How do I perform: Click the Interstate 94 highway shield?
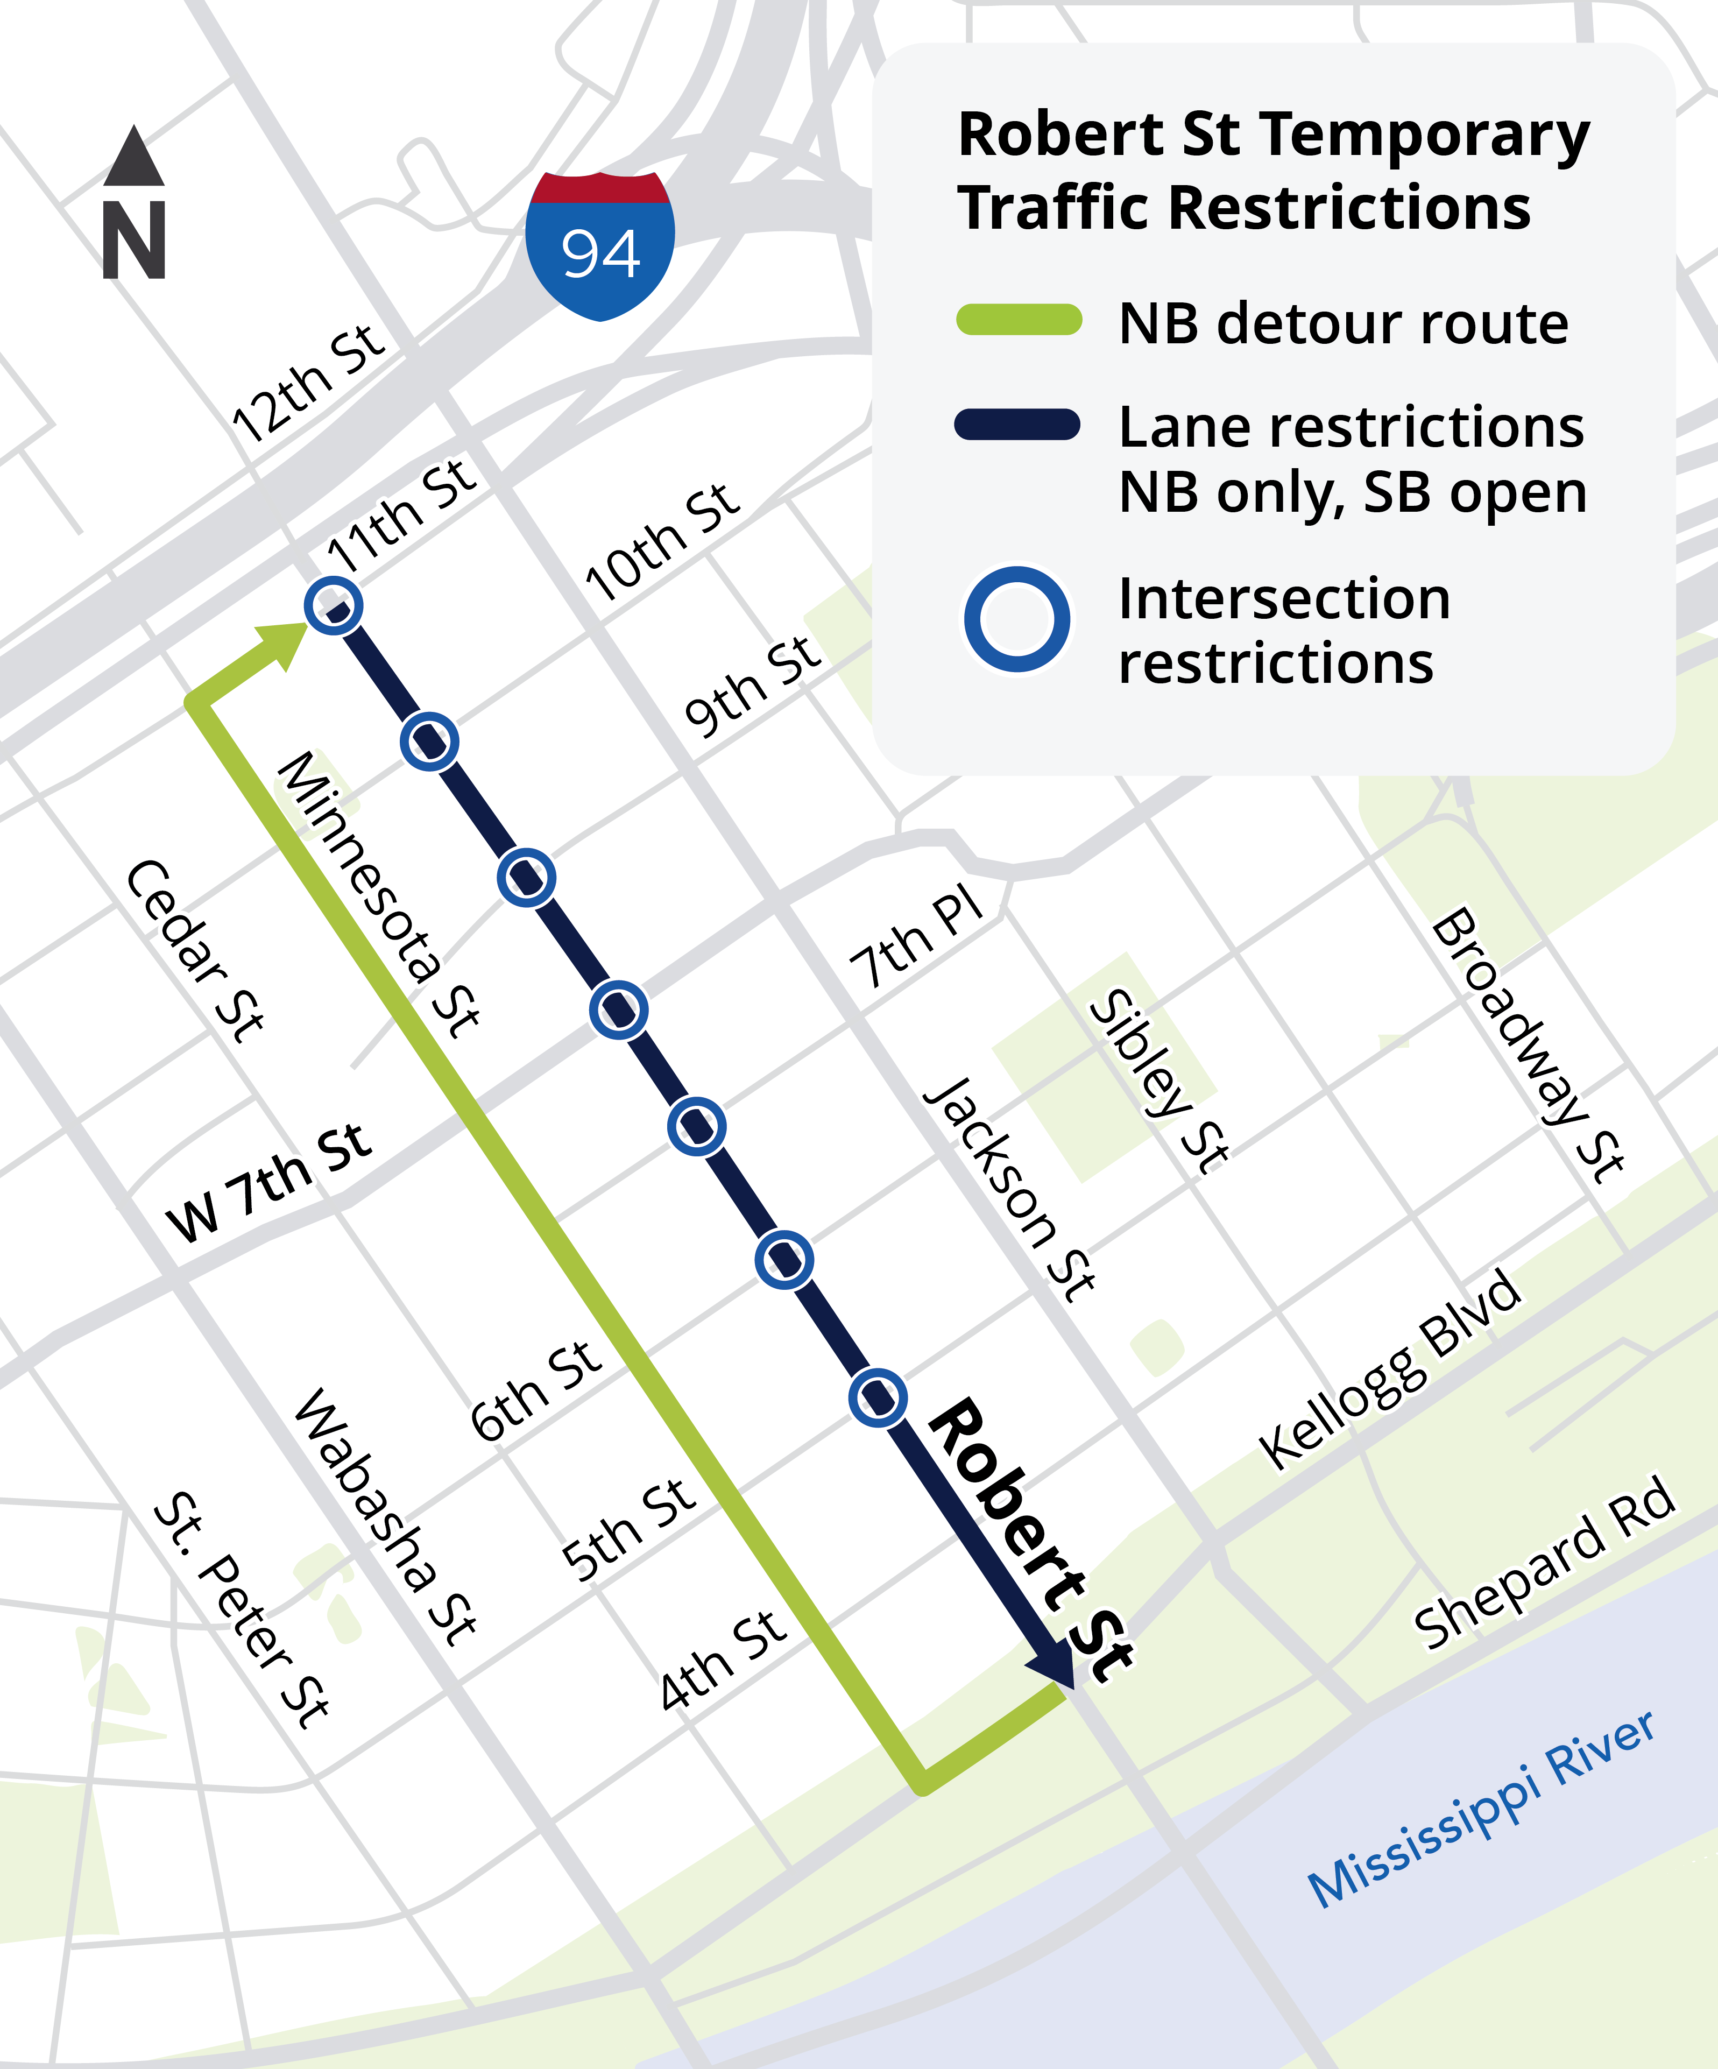click(x=600, y=246)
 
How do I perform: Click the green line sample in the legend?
click(x=1019, y=320)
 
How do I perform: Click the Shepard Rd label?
click(x=1544, y=1564)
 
